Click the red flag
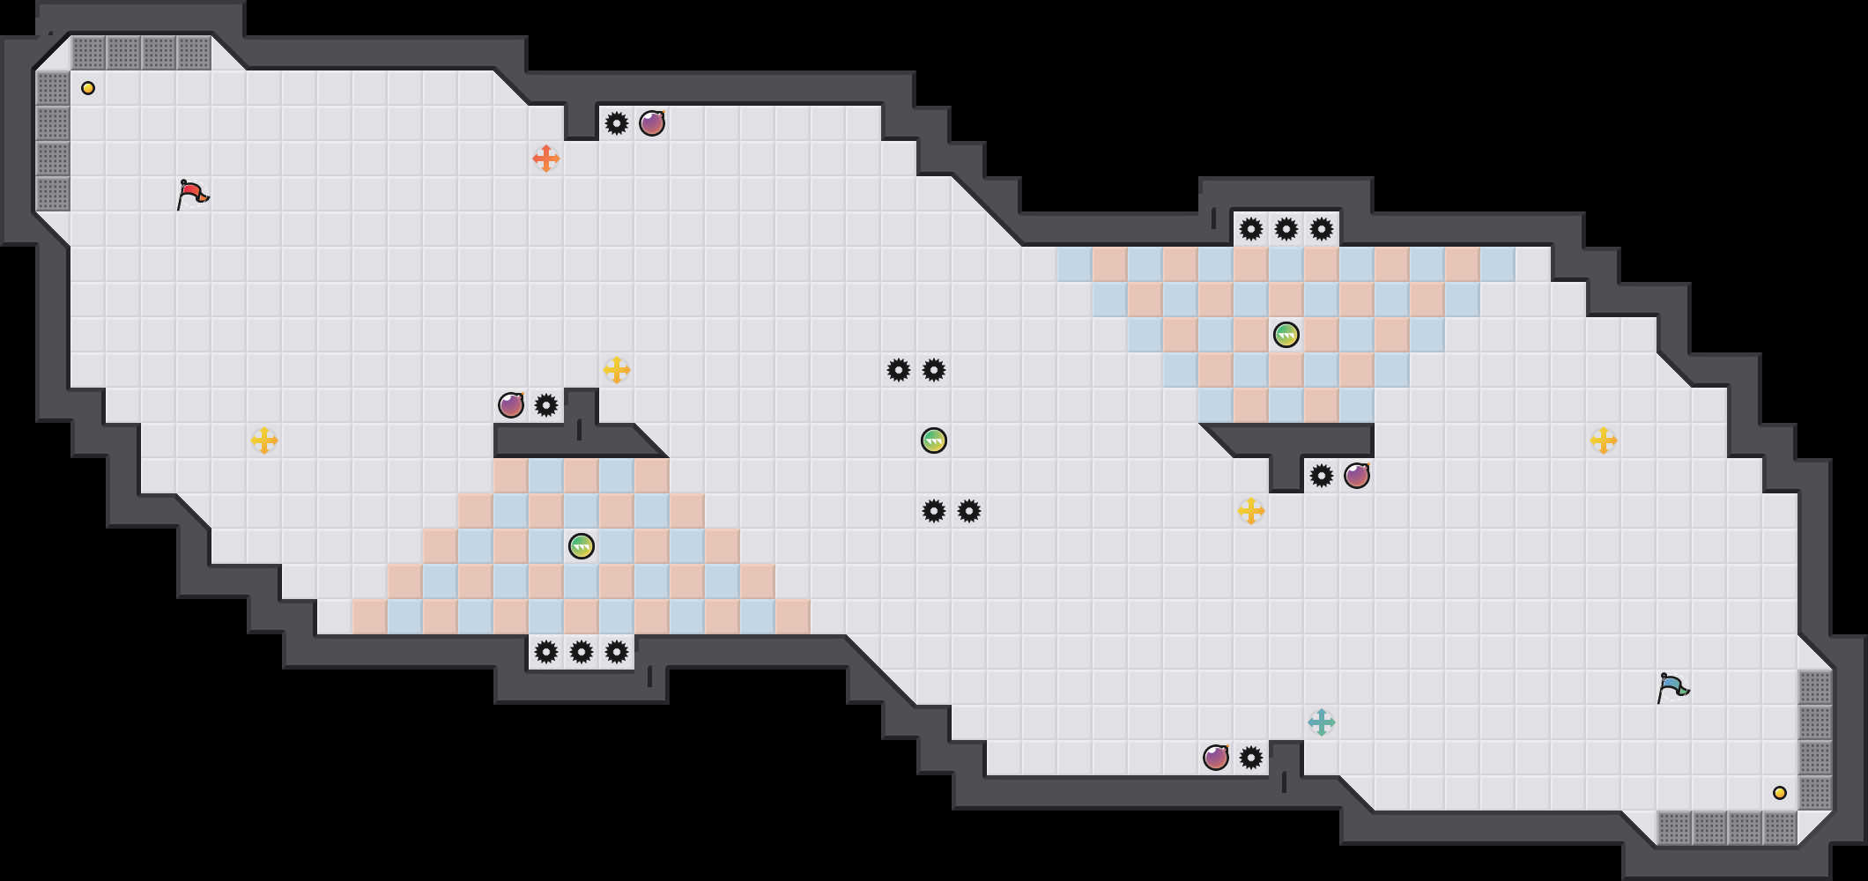(192, 194)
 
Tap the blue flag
(1672, 687)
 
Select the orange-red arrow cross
(546, 159)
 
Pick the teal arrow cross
(1322, 722)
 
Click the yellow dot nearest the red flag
(88, 88)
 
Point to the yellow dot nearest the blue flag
(1780, 793)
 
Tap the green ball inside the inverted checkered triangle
(1286, 335)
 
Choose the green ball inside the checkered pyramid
(582, 546)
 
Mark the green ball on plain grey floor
(934, 440)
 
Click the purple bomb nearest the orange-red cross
(652, 123)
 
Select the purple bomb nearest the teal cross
(1216, 758)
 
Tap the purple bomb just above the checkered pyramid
(511, 405)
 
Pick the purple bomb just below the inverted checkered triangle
(1357, 476)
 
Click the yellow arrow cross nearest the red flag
(264, 440)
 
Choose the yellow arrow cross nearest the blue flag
(1604, 440)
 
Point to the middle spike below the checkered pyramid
(582, 652)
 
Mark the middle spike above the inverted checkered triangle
(1286, 229)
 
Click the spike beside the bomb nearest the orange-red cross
(617, 123)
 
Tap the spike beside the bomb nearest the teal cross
(1251, 758)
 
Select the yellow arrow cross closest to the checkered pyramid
(617, 370)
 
